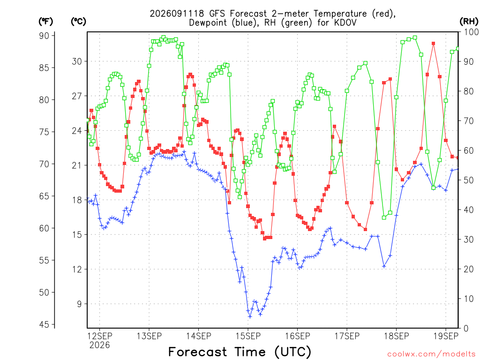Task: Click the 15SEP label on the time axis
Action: tap(248, 336)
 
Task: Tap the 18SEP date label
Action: tap(397, 336)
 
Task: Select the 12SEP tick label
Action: tap(100, 336)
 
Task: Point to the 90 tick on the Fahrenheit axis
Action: tap(44, 36)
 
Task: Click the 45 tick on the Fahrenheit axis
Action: tap(44, 324)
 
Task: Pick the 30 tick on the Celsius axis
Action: tap(77, 61)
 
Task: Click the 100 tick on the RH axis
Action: tap(472, 32)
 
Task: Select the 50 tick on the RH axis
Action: tap(469, 180)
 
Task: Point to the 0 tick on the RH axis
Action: tap(466, 329)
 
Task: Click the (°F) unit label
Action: tap(45, 22)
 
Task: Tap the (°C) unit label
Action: tap(78, 22)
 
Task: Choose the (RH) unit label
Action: tap(469, 22)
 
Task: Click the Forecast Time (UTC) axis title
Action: tap(240, 352)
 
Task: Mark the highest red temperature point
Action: tap(434, 44)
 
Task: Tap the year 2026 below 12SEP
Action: tap(99, 345)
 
